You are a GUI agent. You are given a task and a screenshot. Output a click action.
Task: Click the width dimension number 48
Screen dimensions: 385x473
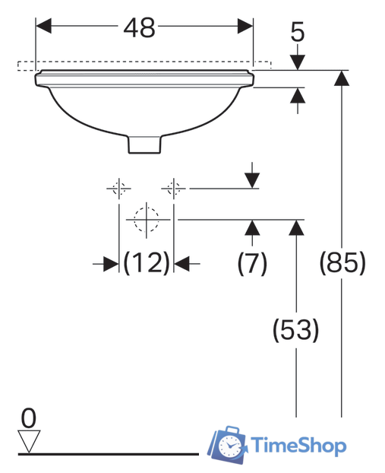[x=140, y=27]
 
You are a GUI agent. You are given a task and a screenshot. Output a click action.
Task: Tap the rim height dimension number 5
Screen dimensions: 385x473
[x=298, y=32]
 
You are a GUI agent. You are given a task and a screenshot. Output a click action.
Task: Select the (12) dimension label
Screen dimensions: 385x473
[x=147, y=263]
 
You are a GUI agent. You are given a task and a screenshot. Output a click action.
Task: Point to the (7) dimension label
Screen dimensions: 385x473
[x=252, y=263]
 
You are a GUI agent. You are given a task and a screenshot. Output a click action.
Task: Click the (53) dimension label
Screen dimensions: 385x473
[x=296, y=330]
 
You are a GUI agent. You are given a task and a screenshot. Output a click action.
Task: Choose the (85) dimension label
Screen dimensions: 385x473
[x=342, y=263]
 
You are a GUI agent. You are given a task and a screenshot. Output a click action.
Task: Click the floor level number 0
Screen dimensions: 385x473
[x=29, y=418]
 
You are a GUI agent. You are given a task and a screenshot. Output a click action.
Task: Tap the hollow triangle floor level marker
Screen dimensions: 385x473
[x=29, y=442]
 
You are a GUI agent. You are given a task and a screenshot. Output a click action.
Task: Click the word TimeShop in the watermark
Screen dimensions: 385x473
[x=298, y=446]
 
